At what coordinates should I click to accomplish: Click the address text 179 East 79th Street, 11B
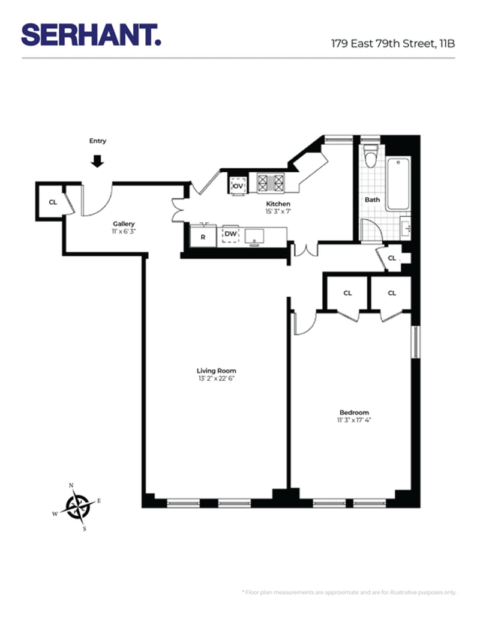point(393,43)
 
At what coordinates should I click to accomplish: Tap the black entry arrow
point(98,161)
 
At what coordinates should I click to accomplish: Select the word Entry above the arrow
point(98,141)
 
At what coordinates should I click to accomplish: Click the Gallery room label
point(124,224)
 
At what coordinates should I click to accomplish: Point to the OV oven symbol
point(238,186)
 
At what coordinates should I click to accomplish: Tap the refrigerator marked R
point(203,236)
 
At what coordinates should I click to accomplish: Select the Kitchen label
point(278,204)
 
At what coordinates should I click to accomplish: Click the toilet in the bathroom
point(371,158)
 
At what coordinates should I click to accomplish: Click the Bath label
point(372,199)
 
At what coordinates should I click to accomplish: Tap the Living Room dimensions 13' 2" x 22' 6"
point(217,378)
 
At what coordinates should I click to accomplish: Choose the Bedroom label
point(354,412)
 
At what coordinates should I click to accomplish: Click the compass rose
point(77,506)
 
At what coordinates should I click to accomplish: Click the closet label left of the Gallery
point(53,202)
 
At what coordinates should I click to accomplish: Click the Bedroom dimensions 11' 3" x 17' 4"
point(354,420)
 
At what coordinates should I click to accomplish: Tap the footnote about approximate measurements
point(348,592)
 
